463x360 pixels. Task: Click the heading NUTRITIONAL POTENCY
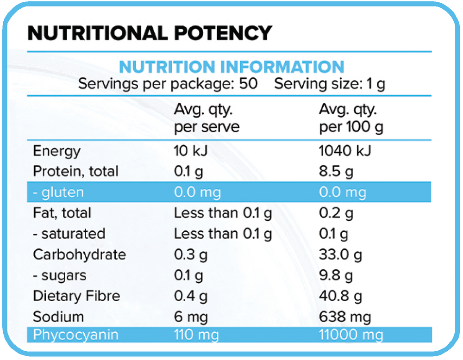pos(150,33)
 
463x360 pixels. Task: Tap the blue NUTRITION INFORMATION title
pos(231,67)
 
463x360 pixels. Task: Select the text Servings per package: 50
pos(168,84)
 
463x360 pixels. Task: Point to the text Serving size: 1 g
pos(330,84)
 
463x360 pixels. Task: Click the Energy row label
pos(56,151)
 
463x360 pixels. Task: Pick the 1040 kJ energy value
pos(345,151)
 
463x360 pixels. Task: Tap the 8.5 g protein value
pos(336,172)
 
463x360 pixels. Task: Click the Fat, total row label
pos(62,213)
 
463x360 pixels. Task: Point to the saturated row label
pos(69,234)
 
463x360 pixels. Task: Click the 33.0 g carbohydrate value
pos(340,254)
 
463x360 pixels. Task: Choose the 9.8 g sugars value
pos(336,275)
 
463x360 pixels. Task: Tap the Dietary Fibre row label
pos(76,296)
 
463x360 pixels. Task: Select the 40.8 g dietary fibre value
pos(340,296)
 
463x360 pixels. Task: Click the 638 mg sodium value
pos(345,317)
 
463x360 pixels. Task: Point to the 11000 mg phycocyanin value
pos(351,335)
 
